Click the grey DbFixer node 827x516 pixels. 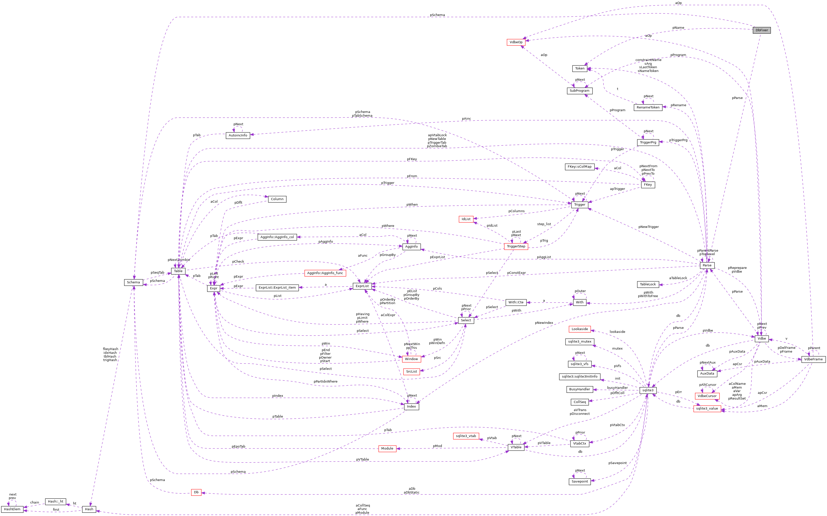pos(761,30)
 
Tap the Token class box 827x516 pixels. pos(579,69)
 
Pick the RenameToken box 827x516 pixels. pos(648,107)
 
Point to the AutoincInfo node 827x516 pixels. pos(238,135)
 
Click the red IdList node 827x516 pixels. pos(466,219)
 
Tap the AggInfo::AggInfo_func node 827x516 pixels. pos(325,273)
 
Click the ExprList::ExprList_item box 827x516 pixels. pos(277,288)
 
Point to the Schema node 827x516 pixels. pos(133,283)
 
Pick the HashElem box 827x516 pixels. pos(12,509)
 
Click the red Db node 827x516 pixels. pos(196,493)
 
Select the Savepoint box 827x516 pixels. pos(579,482)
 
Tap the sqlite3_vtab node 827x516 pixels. pos(466,436)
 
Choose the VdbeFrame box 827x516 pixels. pos(813,359)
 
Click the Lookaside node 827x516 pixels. pos(579,329)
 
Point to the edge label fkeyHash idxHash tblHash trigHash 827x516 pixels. pos(110,355)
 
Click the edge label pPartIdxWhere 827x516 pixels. pos(325,382)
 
